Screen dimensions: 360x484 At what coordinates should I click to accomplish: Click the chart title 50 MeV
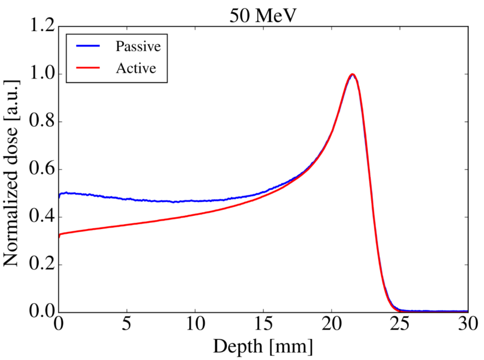coord(263,16)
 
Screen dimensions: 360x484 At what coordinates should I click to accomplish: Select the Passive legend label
coord(138,46)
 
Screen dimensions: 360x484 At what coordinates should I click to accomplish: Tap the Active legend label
coord(136,68)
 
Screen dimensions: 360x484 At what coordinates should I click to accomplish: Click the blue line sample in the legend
coord(88,46)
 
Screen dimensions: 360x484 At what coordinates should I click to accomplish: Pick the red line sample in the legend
coord(88,68)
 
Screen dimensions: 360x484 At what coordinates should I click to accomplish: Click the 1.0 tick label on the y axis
coord(42,74)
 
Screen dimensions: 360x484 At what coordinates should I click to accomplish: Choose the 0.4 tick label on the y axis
coord(42,216)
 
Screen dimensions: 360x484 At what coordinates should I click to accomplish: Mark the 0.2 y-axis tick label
coord(42,264)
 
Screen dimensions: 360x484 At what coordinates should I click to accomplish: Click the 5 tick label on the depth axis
coord(127,324)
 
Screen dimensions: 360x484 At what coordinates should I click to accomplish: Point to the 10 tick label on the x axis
coord(195,324)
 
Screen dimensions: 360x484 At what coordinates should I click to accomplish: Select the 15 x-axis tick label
coord(263,324)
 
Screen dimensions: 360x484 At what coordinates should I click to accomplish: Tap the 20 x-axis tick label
coord(331,324)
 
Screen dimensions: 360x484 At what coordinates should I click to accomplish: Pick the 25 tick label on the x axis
coord(399,324)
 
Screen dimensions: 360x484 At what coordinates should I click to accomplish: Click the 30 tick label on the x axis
coord(468,324)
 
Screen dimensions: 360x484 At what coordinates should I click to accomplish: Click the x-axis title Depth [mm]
coord(263,347)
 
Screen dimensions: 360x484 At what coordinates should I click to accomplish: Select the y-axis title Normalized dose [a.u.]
coord(11,173)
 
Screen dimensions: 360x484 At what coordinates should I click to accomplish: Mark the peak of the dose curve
coord(352,74)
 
